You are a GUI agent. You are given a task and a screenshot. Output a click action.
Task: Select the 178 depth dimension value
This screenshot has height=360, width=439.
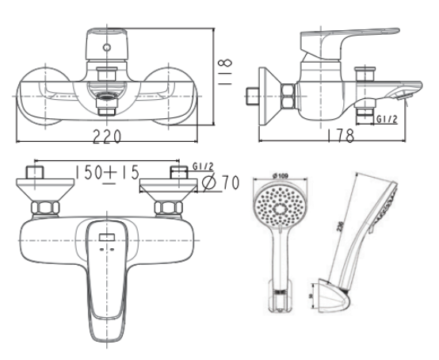point(339,136)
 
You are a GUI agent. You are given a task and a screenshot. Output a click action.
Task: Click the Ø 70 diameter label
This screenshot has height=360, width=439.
point(221,183)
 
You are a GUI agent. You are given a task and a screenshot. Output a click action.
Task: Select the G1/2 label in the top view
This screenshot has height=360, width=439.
point(203,167)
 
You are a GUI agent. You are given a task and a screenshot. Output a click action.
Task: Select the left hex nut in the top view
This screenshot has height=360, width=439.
point(44,209)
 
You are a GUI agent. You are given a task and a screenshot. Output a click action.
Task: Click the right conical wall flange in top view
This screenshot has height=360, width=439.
point(168,190)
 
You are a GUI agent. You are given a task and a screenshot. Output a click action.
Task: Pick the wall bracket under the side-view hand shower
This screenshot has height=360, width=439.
point(333,297)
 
